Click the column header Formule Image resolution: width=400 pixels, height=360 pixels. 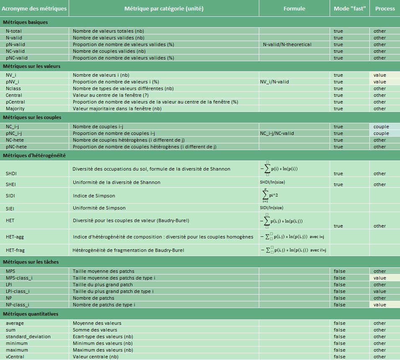pyautogui.click(x=294, y=8)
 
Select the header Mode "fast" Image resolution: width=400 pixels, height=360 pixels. pyautogui.click(x=349, y=8)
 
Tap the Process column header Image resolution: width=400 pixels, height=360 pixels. pyautogui.click(x=385, y=8)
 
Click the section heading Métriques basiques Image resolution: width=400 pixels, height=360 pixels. pyautogui.click(x=25, y=22)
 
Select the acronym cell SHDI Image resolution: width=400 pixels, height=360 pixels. pyautogui.click(x=11, y=174)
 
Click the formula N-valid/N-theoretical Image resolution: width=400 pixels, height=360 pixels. pyautogui.click(x=287, y=44)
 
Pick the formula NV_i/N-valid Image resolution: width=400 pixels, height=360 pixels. pyautogui.click(x=274, y=82)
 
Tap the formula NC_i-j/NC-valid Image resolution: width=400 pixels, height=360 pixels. pyautogui.click(x=277, y=133)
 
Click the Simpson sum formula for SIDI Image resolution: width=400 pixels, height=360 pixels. pyautogui.click(x=270, y=196)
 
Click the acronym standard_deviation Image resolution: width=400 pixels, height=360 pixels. pyautogui.click(x=28, y=337)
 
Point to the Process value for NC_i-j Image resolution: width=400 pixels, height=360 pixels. pyautogui.click(x=381, y=127)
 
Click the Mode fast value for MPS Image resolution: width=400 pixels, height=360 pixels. pyautogui.click(x=339, y=271)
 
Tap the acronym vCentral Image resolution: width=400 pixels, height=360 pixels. pyautogui.click(x=15, y=357)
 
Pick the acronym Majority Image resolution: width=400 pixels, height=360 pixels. pyautogui.click(x=15, y=109)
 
